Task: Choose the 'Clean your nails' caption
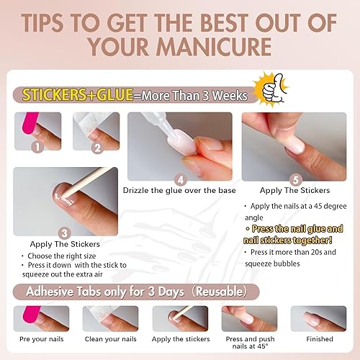[109, 338]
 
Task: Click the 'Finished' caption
[319, 338]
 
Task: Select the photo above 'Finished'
[318, 318]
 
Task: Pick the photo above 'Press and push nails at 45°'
[249, 318]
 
